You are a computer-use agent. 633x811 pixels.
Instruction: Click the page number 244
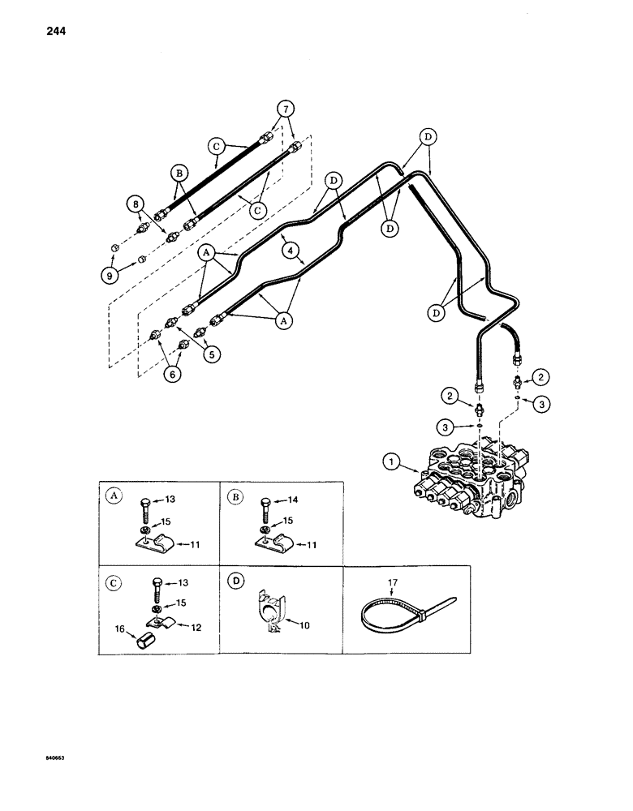coord(33,32)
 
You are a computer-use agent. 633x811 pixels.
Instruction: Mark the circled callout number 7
coord(284,109)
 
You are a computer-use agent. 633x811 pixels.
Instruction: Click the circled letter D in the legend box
coord(234,582)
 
